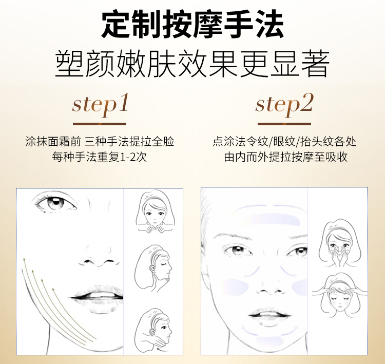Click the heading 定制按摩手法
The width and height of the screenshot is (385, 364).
pyautogui.click(x=192, y=24)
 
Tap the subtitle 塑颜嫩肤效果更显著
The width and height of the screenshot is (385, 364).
pyautogui.click(x=192, y=64)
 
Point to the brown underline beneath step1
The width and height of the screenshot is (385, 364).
pyautogui.click(x=100, y=124)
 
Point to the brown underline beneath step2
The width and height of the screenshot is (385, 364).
pyautogui.click(x=284, y=124)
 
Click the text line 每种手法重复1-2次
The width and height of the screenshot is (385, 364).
pyautogui.click(x=100, y=157)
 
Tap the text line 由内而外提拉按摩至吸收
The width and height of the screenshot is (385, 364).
pyautogui.click(x=285, y=157)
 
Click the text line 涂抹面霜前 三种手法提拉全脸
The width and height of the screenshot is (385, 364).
pyautogui.click(x=100, y=142)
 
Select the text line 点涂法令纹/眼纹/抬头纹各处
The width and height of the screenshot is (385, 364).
pyautogui.click(x=284, y=142)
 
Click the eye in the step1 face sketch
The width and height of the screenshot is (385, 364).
pyautogui.click(x=55, y=202)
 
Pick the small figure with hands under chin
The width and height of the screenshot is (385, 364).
pyautogui.click(x=155, y=212)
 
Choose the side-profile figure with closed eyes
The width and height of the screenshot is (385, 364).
pyautogui.click(x=153, y=268)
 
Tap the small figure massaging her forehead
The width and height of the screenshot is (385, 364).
pyautogui.click(x=340, y=296)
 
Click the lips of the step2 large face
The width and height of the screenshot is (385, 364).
pyautogui.click(x=269, y=314)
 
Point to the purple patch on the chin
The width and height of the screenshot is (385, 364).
pyautogui.click(x=269, y=340)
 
